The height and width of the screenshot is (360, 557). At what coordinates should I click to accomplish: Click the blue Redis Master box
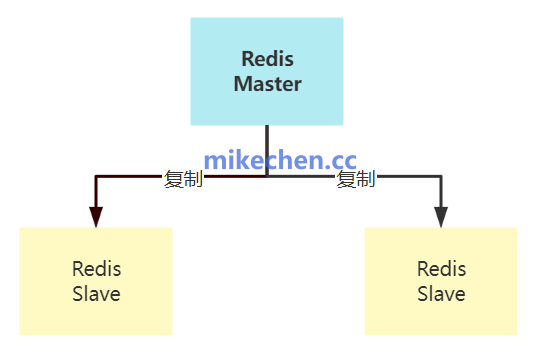267,71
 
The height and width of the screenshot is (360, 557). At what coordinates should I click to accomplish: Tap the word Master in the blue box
267,84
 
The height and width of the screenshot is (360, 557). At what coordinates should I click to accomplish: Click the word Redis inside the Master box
267,59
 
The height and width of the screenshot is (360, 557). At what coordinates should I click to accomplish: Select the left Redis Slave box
96,281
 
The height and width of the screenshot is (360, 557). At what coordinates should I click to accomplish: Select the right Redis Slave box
441,281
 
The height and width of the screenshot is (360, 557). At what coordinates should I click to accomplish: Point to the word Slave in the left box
96,294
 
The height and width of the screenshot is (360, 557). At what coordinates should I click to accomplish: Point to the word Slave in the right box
441,294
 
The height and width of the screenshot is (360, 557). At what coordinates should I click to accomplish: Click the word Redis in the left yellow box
96,269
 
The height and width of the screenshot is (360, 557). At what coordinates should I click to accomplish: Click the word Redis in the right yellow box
441,269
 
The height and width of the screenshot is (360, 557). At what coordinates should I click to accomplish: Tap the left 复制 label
184,180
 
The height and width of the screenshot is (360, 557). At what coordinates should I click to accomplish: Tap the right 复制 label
356,180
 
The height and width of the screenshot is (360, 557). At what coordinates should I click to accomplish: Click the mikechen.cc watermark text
280,160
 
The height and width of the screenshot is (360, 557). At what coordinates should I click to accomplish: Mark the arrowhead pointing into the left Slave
96,217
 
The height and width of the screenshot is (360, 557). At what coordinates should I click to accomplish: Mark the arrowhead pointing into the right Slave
441,217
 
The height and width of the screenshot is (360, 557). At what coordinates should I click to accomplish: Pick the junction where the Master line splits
267,177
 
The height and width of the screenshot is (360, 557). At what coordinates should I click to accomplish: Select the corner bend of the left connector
96,177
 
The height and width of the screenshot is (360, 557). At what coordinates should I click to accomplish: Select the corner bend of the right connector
441,177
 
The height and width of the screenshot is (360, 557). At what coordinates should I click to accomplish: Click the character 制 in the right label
366,180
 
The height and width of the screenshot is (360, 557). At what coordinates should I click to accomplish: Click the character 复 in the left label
174,180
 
